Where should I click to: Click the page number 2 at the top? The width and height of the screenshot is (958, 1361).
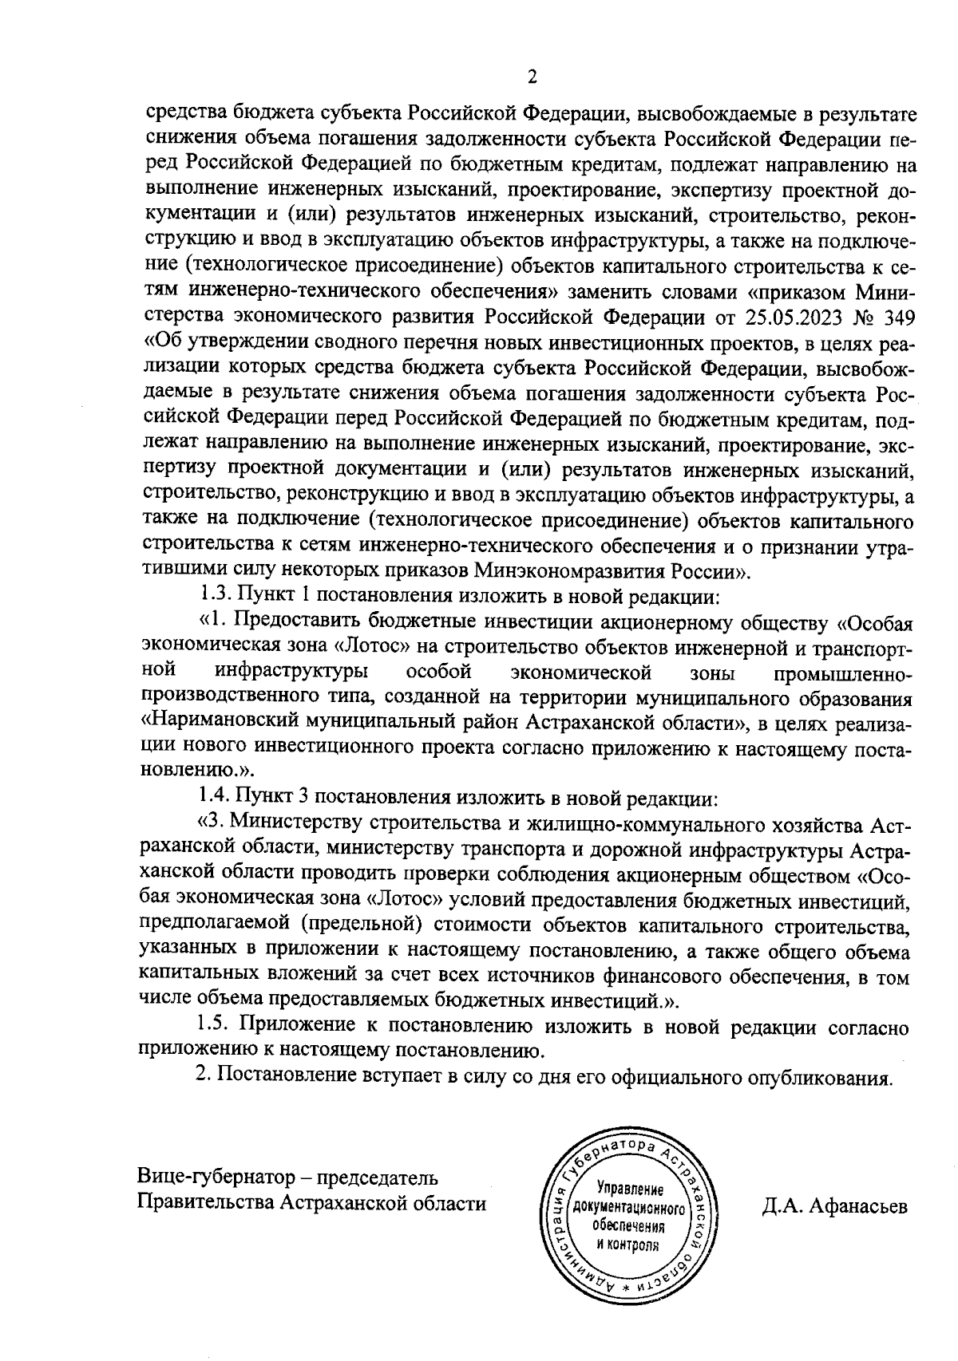tap(532, 77)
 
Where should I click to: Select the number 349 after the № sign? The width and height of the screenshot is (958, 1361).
tap(897, 318)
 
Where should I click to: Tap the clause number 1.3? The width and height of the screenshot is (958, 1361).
tap(214, 595)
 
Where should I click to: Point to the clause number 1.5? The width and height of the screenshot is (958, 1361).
tap(214, 1027)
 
